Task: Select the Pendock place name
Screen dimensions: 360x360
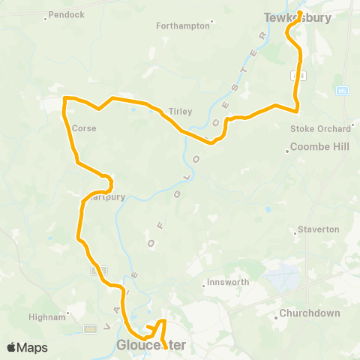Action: pos(68,14)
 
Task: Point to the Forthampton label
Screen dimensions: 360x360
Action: pos(182,25)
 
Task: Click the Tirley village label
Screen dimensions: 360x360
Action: pos(181,111)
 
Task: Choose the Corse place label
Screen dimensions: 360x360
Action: pos(84,127)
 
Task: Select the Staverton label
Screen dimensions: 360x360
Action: pos(319,229)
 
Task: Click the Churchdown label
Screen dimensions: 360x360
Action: pos(310,313)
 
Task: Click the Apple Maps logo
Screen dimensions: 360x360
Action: pos(26,347)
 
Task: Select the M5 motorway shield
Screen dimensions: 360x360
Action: pos(343,90)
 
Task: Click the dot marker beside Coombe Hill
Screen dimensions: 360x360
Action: pos(286,152)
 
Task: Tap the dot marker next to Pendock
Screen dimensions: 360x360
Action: pos(48,14)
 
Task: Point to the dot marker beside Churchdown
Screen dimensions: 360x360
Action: pos(276,317)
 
